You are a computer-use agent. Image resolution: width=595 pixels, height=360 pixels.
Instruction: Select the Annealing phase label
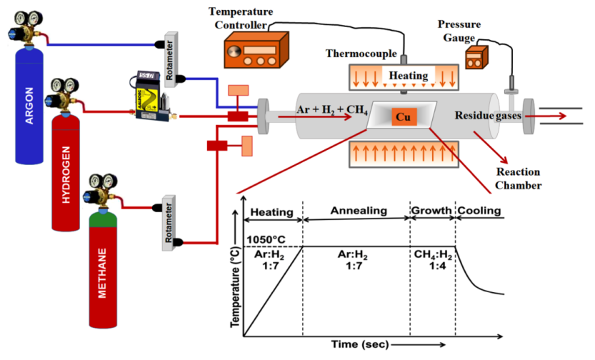(358, 211)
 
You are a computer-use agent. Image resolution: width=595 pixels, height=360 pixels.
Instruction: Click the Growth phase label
(431, 211)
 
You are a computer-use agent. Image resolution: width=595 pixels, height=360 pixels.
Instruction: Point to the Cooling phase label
(479, 211)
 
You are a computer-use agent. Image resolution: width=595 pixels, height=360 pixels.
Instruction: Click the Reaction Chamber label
(519, 179)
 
